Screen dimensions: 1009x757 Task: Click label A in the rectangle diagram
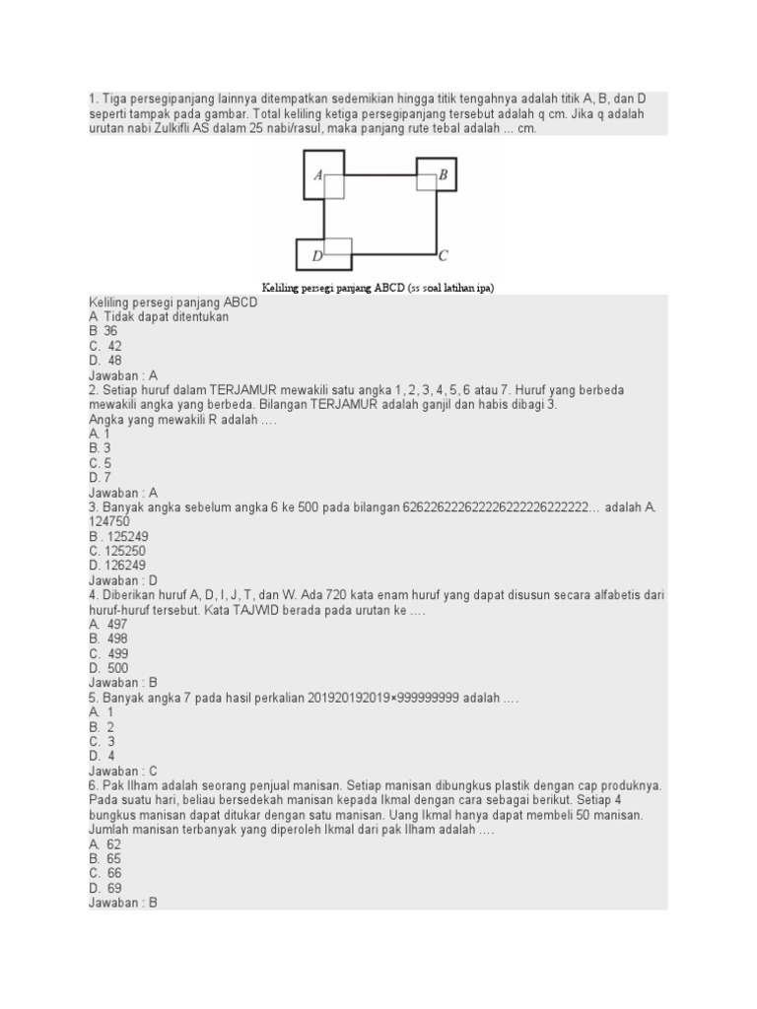(318, 175)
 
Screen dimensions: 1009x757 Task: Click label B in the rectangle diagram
(444, 175)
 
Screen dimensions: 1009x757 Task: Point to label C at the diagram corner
(444, 255)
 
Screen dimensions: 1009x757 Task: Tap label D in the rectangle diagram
(317, 256)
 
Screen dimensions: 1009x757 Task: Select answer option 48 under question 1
(114, 361)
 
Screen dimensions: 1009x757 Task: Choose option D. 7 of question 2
(101, 478)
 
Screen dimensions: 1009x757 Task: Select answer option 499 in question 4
(115, 653)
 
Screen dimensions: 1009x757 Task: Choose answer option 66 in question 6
(114, 873)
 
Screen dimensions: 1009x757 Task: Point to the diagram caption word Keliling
(282, 287)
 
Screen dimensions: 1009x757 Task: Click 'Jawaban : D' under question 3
(123, 580)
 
